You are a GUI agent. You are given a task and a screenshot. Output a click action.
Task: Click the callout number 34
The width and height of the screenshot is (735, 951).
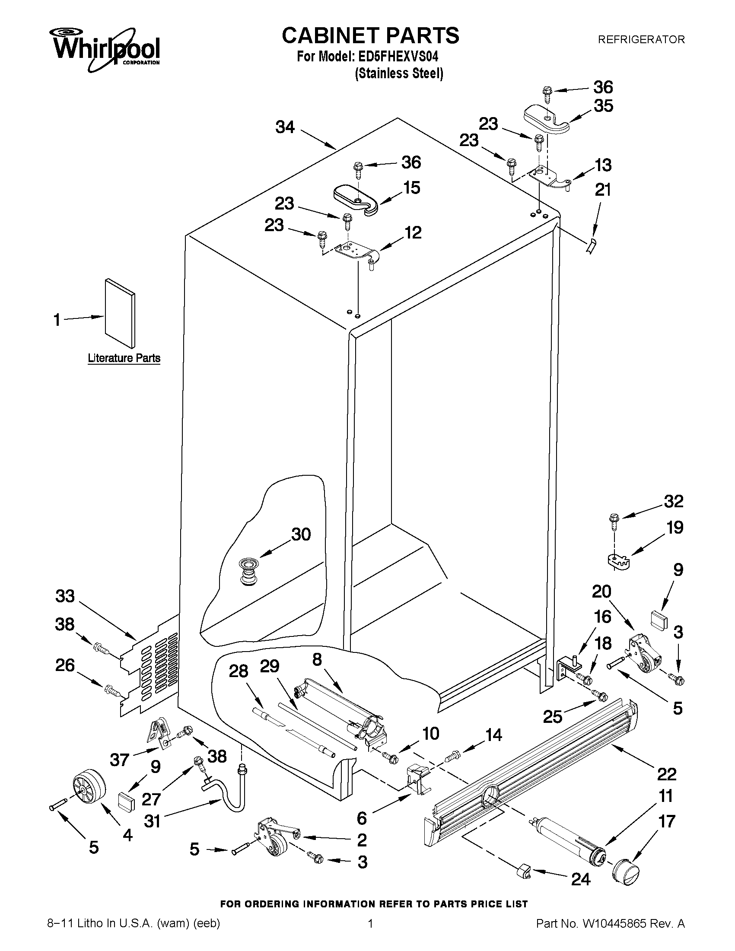click(285, 127)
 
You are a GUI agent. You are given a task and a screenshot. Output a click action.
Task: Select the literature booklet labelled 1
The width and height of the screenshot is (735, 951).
click(120, 313)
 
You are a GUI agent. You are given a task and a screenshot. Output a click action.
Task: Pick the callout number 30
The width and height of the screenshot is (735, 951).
click(301, 534)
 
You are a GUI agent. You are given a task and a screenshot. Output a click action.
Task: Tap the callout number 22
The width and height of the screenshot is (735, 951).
click(666, 774)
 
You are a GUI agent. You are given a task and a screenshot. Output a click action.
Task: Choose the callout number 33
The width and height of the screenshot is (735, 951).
click(65, 596)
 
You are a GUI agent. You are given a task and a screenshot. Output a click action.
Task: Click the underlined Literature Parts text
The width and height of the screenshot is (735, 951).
click(124, 358)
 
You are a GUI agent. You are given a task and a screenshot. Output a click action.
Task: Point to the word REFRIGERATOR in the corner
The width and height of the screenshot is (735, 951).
click(641, 40)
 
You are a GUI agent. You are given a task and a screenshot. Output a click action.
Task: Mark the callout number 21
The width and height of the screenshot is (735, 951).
click(603, 190)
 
